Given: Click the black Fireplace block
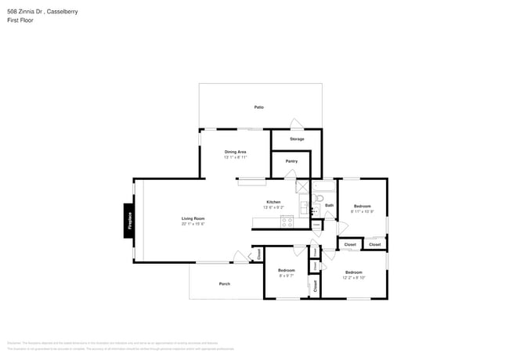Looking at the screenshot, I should point(130,220).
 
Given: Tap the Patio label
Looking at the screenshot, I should point(258,106).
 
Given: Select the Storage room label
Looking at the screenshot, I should point(296,139).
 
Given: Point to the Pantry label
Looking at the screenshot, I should point(291,161).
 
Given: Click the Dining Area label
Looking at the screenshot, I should point(236,152).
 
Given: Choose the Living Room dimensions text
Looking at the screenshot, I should point(193,225).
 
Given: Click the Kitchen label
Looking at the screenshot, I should point(273,202).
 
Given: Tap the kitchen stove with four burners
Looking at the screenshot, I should point(287,221).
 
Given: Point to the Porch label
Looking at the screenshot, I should point(224,283).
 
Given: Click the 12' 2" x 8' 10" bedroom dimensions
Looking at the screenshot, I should point(352,277).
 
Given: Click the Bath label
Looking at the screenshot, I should point(329,205).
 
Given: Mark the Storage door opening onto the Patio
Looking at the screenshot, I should point(295,124).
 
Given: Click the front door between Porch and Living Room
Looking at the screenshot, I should point(240,257).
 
